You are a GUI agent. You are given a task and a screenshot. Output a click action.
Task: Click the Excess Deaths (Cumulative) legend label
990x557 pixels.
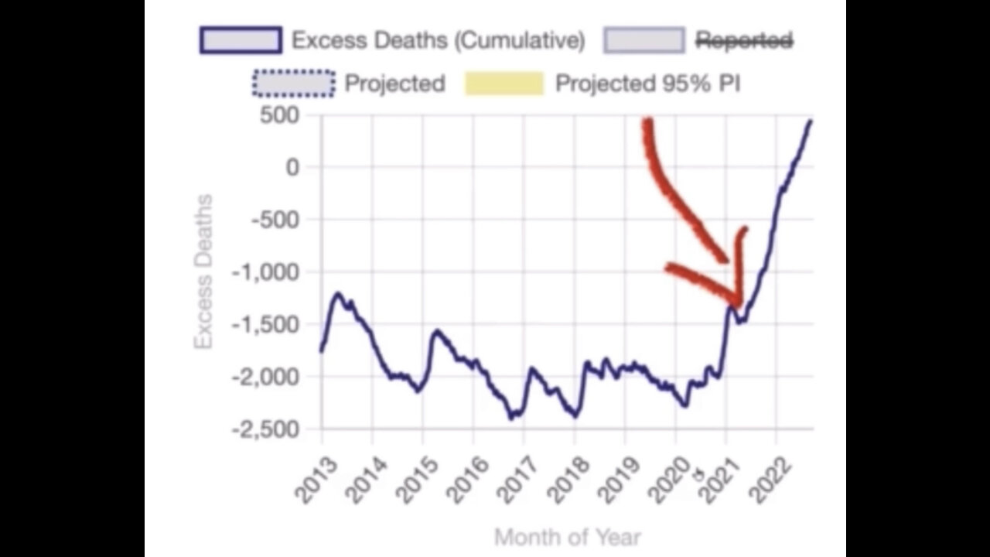[437, 40]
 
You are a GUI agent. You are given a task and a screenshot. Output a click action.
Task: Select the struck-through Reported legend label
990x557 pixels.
[743, 40]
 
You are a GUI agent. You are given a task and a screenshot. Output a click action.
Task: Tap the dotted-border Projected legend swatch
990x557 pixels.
[293, 84]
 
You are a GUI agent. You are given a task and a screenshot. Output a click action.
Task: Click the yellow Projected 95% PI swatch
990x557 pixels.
[504, 84]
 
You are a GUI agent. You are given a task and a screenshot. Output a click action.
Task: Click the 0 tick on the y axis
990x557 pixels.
[291, 167]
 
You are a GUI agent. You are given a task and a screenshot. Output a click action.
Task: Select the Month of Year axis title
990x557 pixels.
[567, 536]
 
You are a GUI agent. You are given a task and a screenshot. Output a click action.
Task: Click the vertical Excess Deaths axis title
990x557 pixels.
[203, 272]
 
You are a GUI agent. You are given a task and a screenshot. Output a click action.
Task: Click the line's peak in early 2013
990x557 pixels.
[338, 294]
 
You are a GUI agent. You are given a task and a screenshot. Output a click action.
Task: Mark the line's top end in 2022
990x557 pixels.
[810, 121]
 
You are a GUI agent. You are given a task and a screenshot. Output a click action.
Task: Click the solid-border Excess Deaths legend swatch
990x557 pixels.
[241, 40]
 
